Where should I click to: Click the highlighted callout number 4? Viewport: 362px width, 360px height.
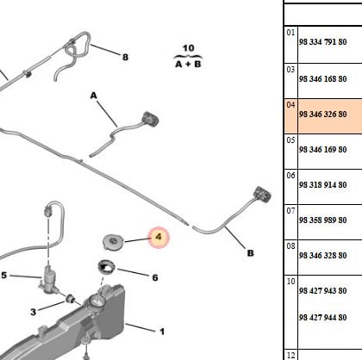(x=159, y=237)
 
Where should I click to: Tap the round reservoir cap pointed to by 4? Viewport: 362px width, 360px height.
(x=113, y=241)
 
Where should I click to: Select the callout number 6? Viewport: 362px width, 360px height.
(x=155, y=277)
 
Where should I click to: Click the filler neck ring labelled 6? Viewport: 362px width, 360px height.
(x=106, y=267)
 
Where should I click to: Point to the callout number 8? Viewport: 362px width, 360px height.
(x=125, y=57)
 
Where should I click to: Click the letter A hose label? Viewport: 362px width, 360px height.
(x=94, y=96)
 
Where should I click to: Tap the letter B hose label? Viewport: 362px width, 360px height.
(x=251, y=253)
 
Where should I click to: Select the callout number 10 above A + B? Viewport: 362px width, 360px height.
(x=188, y=48)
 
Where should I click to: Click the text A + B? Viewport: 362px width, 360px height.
(x=188, y=64)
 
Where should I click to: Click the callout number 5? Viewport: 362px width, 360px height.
(x=3, y=276)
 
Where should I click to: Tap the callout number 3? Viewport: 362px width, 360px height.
(x=34, y=312)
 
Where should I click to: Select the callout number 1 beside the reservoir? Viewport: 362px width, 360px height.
(x=162, y=332)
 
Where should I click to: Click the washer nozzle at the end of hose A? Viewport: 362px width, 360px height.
(x=150, y=119)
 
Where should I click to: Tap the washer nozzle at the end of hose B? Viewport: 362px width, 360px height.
(x=262, y=194)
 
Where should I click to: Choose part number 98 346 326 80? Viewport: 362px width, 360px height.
(x=322, y=114)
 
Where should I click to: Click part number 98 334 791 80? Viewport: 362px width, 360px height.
(x=322, y=42)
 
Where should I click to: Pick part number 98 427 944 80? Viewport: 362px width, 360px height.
(x=322, y=317)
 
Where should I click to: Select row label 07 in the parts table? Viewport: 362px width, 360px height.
(x=290, y=211)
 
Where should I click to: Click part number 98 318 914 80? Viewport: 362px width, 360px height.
(x=322, y=184)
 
